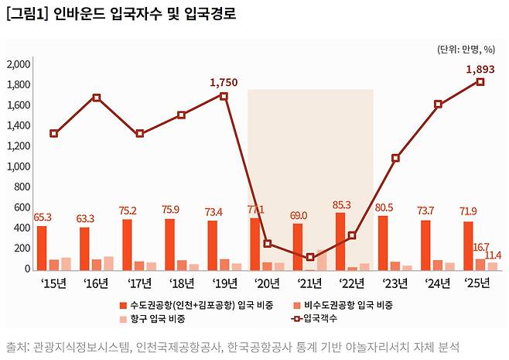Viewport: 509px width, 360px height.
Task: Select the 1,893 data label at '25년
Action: point(480,69)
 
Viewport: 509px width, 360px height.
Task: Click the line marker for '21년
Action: point(309,257)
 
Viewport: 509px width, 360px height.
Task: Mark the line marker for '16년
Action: point(96,98)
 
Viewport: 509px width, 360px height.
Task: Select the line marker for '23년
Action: point(395,158)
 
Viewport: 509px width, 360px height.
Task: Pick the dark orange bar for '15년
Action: point(42,248)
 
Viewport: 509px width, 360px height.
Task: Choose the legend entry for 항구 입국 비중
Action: point(159,318)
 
